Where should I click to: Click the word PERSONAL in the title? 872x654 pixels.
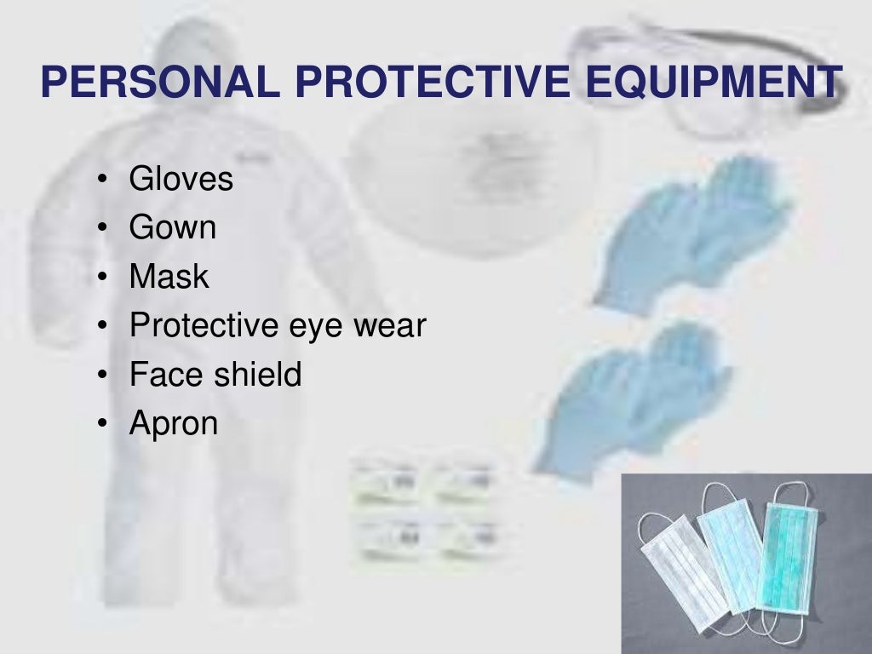[x=159, y=82]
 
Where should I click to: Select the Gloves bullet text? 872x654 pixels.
[x=181, y=180]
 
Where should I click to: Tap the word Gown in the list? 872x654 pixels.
[x=172, y=228]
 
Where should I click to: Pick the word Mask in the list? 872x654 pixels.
[x=169, y=277]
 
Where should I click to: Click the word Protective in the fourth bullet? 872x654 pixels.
[x=202, y=325]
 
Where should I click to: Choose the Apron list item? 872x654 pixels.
[x=173, y=423]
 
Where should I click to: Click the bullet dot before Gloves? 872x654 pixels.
[x=102, y=181]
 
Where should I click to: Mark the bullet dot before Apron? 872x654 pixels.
[x=102, y=424]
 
